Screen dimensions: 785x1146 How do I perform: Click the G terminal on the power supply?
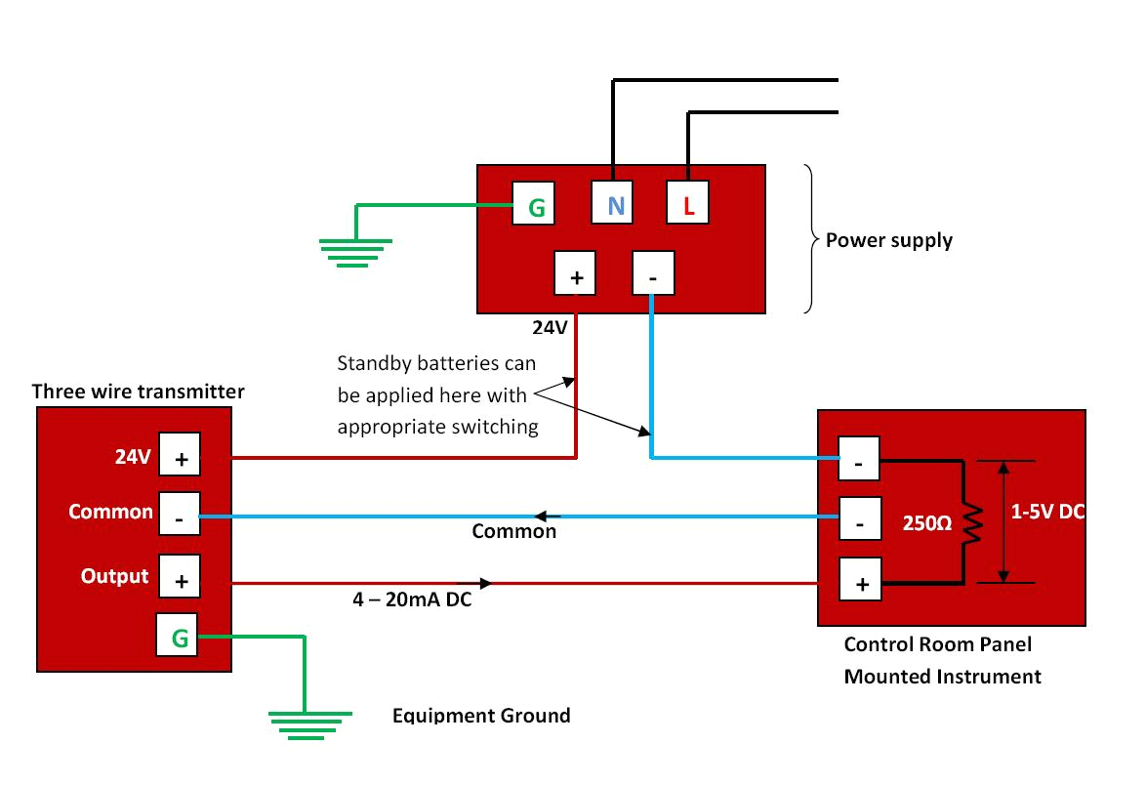pos(536,206)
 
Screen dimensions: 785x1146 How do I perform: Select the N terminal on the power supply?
pos(615,205)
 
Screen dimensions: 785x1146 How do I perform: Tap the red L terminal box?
pos(687,205)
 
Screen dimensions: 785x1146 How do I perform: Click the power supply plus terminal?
pos(577,273)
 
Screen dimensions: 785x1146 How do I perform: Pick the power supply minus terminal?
pos(653,273)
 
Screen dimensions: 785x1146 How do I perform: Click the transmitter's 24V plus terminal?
pos(180,457)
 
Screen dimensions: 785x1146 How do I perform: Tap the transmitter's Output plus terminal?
pos(180,578)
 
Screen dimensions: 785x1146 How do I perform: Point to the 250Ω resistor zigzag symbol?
pos(970,521)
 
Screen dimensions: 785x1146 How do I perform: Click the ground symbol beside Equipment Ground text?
pos(305,723)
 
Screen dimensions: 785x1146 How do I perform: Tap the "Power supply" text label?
pos(888,240)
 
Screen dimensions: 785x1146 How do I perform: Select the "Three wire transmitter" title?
pos(138,392)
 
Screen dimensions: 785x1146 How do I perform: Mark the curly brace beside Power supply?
pos(809,239)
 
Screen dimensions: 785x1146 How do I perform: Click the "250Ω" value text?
pos(925,522)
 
